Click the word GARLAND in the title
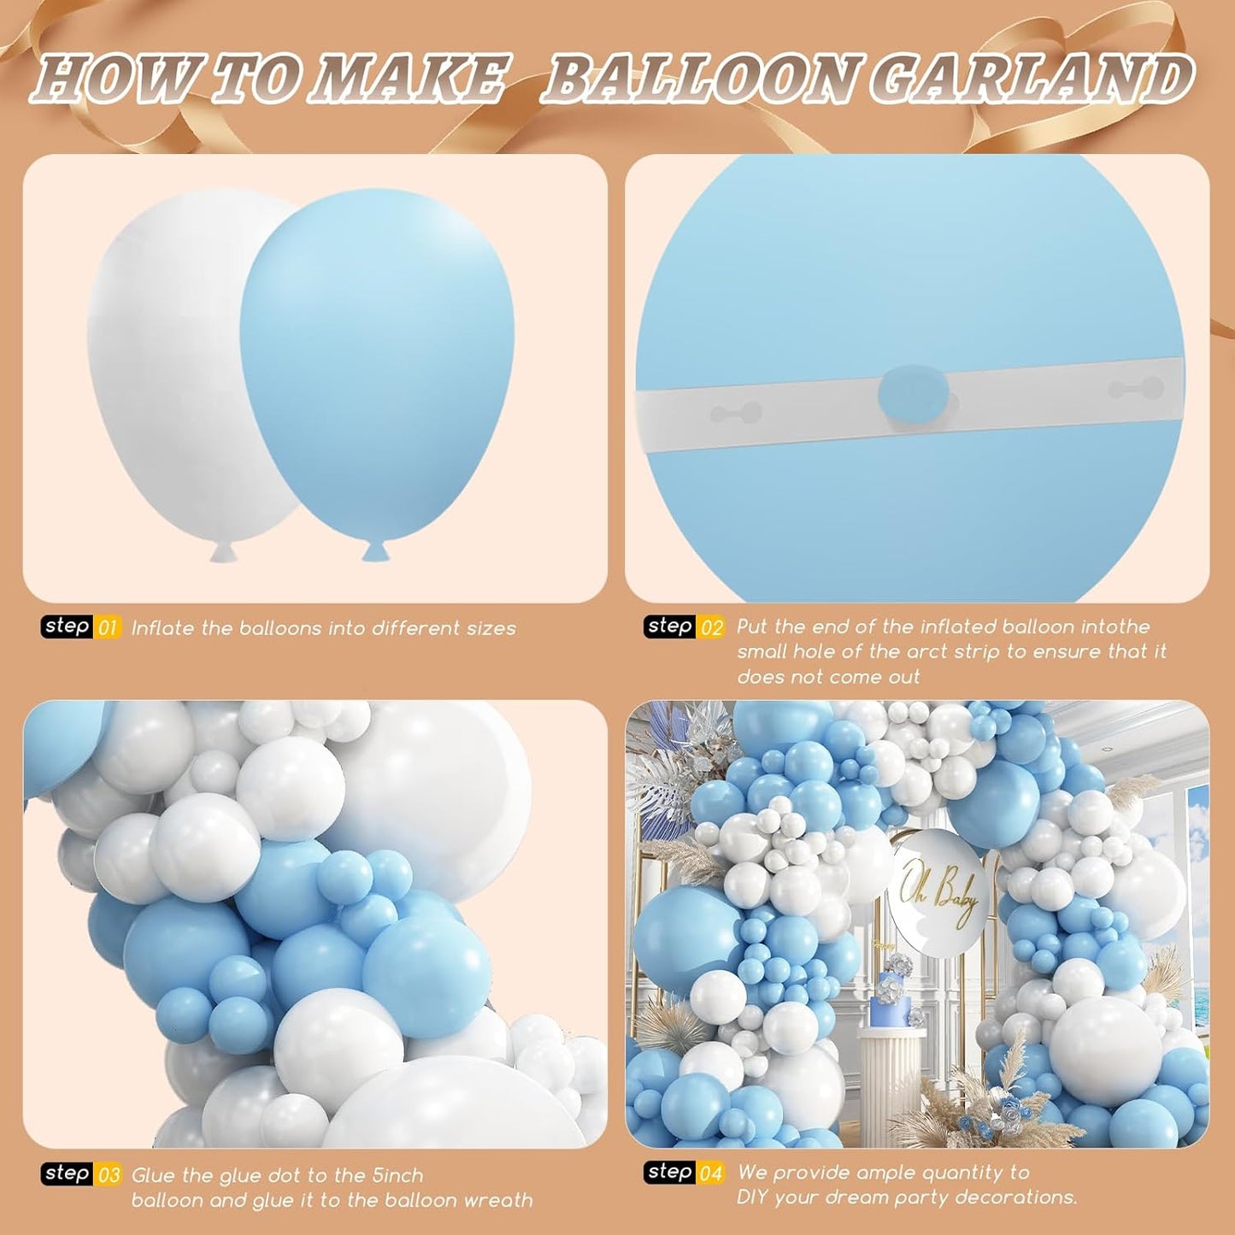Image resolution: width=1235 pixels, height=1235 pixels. [1031, 79]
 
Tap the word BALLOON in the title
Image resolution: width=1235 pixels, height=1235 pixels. [697, 79]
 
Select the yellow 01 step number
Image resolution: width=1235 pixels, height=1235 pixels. [108, 628]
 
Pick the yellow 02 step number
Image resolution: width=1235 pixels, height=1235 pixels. [711, 627]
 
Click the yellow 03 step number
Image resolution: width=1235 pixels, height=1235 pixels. [109, 1175]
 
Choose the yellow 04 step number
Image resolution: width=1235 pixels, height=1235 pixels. [711, 1173]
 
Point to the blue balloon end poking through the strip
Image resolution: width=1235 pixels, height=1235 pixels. [909, 392]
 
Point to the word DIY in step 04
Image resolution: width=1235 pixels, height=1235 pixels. [755, 1198]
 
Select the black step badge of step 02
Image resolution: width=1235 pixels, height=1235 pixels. [669, 626]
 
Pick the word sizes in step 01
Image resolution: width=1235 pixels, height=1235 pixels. [491, 628]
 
